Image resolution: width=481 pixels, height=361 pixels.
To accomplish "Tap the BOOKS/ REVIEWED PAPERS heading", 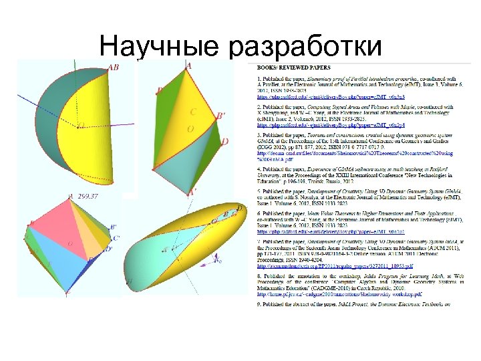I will (x=294, y=68).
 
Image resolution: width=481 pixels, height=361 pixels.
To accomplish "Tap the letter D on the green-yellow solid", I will (x=224, y=142).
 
